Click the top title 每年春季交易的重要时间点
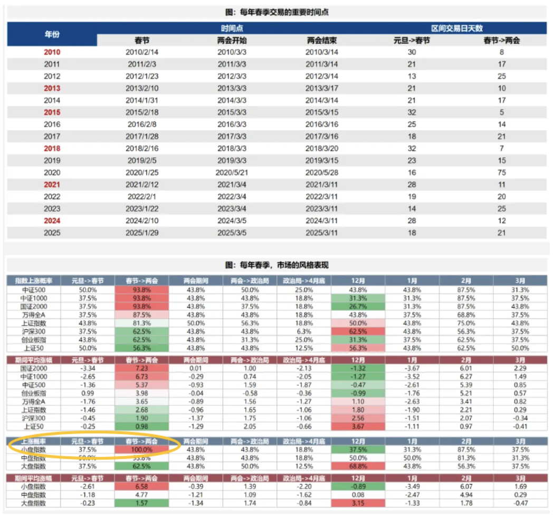[x=276, y=12]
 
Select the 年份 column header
[x=52, y=34]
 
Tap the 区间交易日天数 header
[x=457, y=28]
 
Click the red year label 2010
[x=52, y=52]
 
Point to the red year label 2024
[x=52, y=221]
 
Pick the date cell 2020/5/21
[x=232, y=173]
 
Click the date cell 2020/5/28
[x=322, y=173]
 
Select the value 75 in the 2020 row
[x=502, y=173]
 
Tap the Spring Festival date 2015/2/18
[x=142, y=112]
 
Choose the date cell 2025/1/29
[x=142, y=233]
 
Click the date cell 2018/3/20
[x=322, y=148]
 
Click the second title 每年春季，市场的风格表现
[x=276, y=265]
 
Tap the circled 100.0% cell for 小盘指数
[x=141, y=449]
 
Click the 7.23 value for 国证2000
[x=141, y=368]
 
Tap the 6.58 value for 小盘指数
[x=141, y=486]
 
